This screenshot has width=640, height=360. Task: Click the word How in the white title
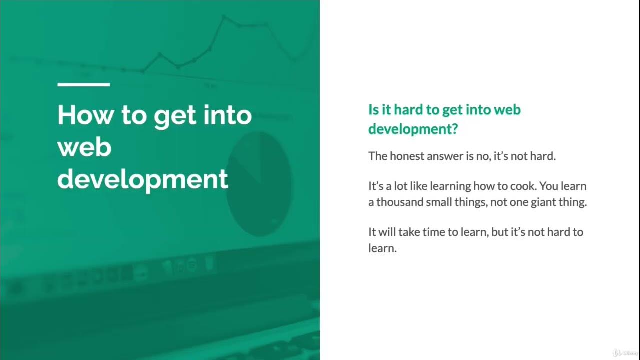[84, 115]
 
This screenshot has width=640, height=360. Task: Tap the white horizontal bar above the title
[83, 84]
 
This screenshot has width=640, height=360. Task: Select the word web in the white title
[84, 147]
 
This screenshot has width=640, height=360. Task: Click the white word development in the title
[143, 179]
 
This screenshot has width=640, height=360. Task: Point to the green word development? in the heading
[413, 129]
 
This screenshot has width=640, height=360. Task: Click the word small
[441, 202]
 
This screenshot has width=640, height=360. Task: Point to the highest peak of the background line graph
[224, 17]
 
